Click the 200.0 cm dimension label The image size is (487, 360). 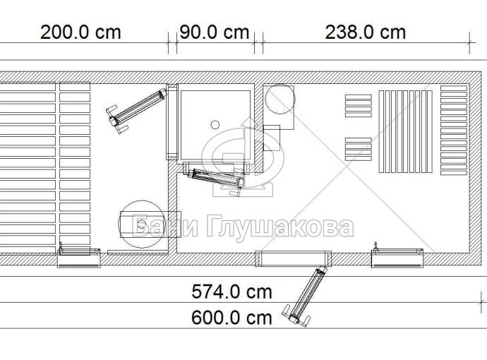pos(80,32)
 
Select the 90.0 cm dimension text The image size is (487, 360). pos(215,32)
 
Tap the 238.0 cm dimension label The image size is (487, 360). pos(366,32)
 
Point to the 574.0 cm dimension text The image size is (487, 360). pos(232,292)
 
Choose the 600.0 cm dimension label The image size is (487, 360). pos(232,318)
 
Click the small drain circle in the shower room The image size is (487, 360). pos(215,125)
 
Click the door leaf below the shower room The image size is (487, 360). pos(217,179)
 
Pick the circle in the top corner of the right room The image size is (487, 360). pos(280,100)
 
